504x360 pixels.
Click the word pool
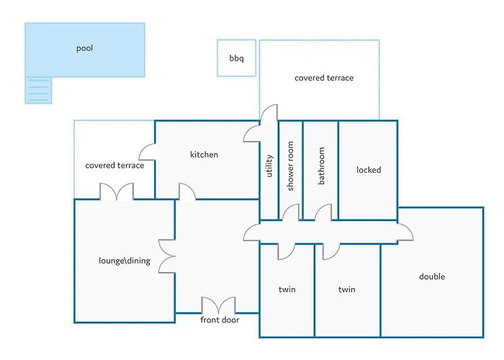[84, 48]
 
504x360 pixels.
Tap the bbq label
[237, 58]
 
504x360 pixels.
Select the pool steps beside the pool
[38, 90]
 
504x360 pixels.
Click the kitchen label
[204, 155]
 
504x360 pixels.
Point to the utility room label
[269, 166]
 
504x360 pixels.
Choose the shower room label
[290, 166]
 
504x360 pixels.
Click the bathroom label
[321, 166]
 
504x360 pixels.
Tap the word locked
[369, 170]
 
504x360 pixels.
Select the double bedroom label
[432, 276]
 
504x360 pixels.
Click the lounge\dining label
[125, 261]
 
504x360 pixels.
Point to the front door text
[220, 320]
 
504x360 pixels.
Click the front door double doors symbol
[219, 305]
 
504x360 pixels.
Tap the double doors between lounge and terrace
[117, 192]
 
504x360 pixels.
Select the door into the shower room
[291, 212]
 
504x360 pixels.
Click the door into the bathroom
[323, 212]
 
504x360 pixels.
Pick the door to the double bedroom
[405, 232]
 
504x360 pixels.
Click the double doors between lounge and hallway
[167, 256]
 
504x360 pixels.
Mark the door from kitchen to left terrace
[148, 152]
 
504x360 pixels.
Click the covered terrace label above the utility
[324, 78]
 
